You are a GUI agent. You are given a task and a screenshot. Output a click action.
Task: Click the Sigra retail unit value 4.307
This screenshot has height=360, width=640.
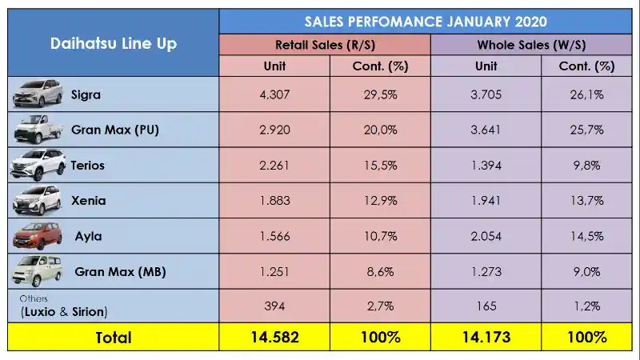[x=274, y=94]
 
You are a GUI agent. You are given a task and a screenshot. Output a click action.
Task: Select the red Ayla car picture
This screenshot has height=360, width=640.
[x=37, y=236]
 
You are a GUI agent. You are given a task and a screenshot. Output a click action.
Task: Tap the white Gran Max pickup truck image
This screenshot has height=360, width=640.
[x=38, y=130]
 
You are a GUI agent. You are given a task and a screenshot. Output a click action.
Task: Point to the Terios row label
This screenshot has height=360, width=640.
[x=88, y=166]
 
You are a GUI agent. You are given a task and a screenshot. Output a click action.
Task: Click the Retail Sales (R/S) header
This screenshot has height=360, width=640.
[x=325, y=45]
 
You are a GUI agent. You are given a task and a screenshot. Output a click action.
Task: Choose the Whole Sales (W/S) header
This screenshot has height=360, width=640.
[x=531, y=45]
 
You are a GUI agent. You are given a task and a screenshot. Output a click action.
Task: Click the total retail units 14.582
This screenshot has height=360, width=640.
[x=274, y=337]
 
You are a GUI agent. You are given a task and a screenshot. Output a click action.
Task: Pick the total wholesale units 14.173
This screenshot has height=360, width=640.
[x=486, y=337]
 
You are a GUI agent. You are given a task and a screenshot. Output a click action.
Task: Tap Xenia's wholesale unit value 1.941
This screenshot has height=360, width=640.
[x=486, y=201]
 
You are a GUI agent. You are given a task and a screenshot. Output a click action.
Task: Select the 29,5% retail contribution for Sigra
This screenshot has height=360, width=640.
[x=381, y=94]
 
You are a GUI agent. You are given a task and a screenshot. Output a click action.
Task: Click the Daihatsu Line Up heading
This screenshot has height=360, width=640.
[x=114, y=43]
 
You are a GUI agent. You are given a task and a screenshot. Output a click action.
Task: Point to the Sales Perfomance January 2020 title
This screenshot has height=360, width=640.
[x=426, y=22]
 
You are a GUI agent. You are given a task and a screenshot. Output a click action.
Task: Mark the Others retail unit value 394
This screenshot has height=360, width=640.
[x=274, y=306]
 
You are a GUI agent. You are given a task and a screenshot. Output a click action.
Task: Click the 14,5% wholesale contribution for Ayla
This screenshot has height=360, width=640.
[x=587, y=236]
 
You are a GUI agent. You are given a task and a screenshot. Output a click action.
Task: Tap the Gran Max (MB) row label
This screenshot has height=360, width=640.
[x=121, y=272]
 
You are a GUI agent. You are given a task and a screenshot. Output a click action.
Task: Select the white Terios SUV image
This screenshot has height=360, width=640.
[x=38, y=165]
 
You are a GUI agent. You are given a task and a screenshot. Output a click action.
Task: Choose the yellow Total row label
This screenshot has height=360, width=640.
[x=114, y=338]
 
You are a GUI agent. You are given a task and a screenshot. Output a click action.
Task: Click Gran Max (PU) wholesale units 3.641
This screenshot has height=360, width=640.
[x=486, y=130]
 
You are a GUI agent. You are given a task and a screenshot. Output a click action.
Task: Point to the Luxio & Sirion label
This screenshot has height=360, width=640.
[x=64, y=312]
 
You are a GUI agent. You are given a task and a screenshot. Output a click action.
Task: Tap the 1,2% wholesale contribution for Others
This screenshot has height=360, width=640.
[x=587, y=306]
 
